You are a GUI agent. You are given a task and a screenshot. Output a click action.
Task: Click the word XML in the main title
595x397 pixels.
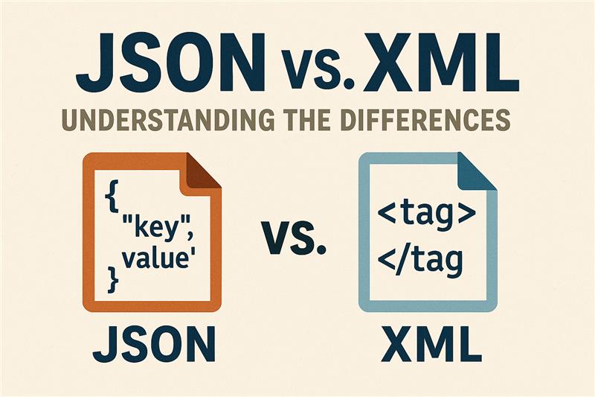[441, 63]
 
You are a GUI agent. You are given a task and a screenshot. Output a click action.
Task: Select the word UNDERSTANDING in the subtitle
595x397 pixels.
[167, 119]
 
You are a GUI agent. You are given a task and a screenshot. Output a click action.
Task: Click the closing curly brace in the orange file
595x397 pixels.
[113, 279]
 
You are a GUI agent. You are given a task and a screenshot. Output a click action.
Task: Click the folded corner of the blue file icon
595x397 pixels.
[477, 172]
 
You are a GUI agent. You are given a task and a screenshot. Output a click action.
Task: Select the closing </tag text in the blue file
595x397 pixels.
[420, 261]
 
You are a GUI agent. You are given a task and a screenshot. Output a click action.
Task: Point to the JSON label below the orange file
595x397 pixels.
[154, 344]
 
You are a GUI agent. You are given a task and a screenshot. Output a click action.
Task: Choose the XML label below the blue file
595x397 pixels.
[431, 344]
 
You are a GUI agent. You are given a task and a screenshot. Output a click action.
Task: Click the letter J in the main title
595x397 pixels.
[95, 63]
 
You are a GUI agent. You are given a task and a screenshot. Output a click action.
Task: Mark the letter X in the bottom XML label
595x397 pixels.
[397, 344]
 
